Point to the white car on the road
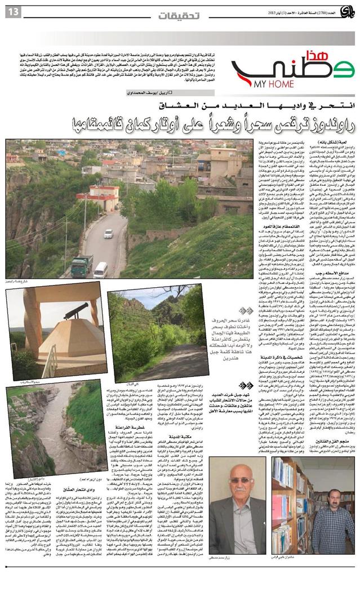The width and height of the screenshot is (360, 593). point(108,233)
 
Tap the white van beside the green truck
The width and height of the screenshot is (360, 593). point(100,270)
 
